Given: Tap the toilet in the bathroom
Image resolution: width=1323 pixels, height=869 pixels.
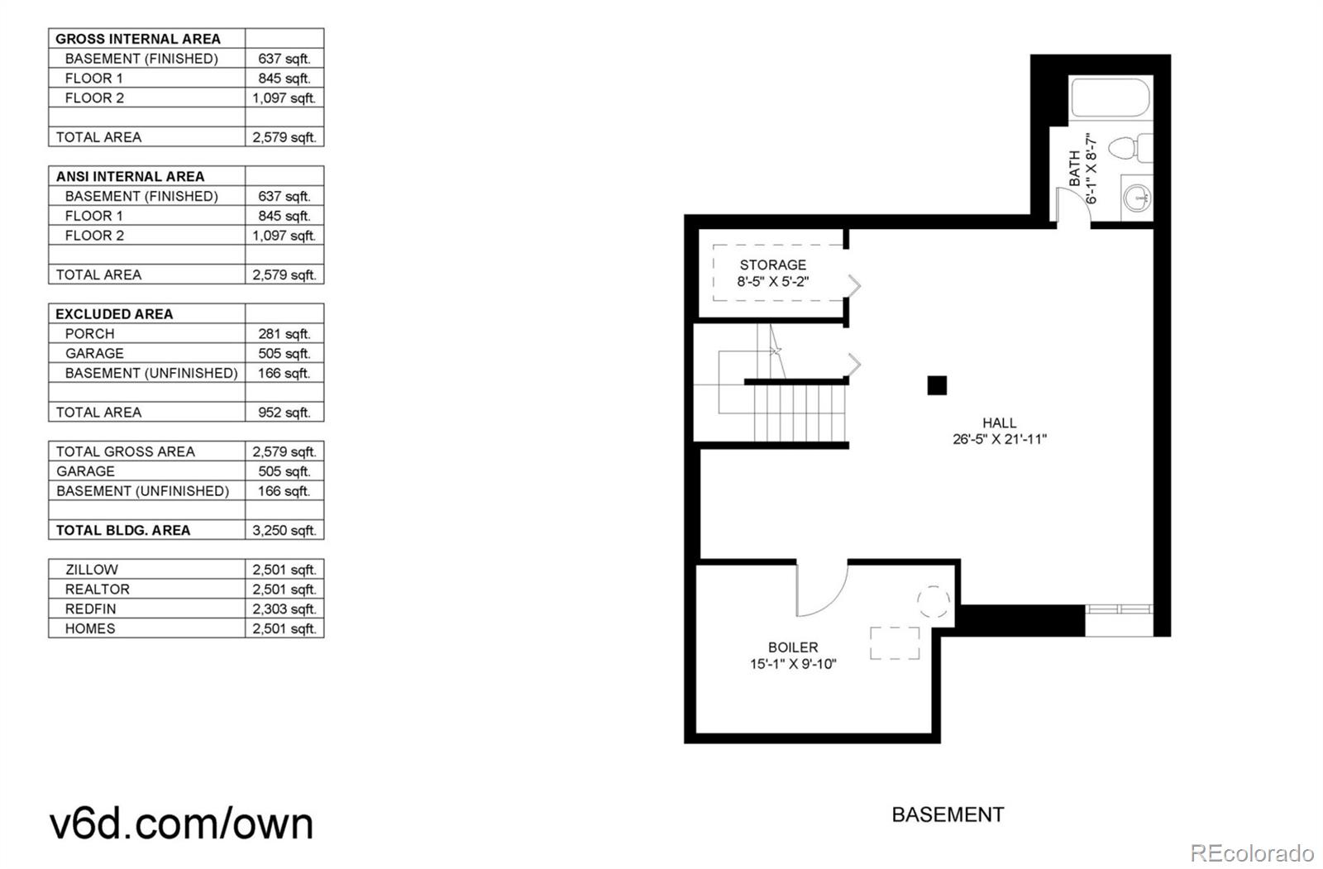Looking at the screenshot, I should [x=1127, y=149].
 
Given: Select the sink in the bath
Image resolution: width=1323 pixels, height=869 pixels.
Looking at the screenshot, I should [x=1137, y=197].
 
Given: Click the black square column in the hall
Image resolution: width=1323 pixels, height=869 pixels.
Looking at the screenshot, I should [x=936, y=385].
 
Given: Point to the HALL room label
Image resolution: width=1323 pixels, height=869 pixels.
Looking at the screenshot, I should [x=999, y=423].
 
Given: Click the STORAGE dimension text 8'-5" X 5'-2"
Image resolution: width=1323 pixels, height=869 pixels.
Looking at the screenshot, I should [x=772, y=281].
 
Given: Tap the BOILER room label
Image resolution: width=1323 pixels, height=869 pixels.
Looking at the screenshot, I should [x=792, y=647].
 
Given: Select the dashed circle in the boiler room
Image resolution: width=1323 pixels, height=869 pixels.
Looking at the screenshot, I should [x=934, y=602].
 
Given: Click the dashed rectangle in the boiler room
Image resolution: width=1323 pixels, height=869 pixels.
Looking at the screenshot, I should [x=895, y=643].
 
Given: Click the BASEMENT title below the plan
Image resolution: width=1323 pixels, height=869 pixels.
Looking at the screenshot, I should [x=948, y=814].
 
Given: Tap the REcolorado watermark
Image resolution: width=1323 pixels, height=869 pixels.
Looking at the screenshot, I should [x=1252, y=852].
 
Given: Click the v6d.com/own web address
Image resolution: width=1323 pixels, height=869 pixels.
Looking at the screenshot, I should [x=182, y=824].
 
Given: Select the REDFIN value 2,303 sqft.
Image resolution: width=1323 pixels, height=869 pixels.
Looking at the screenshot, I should [x=284, y=609].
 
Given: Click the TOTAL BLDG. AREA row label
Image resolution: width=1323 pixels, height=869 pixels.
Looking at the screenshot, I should [x=123, y=530].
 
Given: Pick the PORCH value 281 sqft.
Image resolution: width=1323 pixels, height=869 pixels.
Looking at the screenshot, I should [x=284, y=333].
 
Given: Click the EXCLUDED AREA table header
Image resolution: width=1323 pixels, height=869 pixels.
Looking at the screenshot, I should [x=114, y=313].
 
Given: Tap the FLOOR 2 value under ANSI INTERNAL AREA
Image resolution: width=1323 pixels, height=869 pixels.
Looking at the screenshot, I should [x=284, y=235].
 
